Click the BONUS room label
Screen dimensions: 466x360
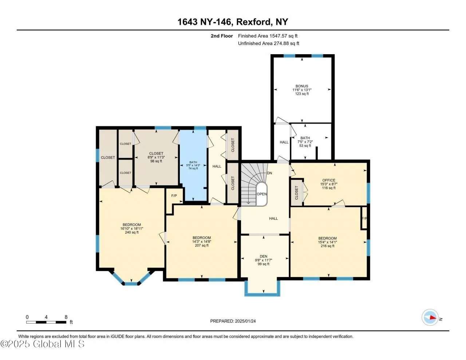pyautogui.click(x=302, y=86)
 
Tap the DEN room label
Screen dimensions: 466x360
pyautogui.click(x=263, y=256)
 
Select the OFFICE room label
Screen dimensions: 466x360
pyautogui.click(x=328, y=180)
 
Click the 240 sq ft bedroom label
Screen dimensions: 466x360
pyautogui.click(x=132, y=225)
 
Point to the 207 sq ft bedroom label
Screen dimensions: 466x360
pyautogui.click(x=202, y=238)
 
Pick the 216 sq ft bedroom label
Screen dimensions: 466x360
pyautogui.click(x=327, y=238)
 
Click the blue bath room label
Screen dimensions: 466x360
pyautogui.click(x=193, y=162)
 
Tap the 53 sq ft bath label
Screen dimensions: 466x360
pyautogui.click(x=305, y=138)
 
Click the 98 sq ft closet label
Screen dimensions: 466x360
pyautogui.click(x=156, y=153)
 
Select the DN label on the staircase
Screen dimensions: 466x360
pyautogui.click(x=269, y=173)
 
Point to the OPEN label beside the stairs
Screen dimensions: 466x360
pyautogui.click(x=262, y=194)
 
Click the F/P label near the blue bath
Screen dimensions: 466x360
pyautogui.click(x=174, y=196)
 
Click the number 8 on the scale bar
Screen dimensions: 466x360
pyautogui.click(x=66, y=317)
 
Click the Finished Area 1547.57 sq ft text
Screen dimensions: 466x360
pyautogui.click(x=268, y=36)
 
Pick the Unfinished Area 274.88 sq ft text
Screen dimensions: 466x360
pyautogui.click(x=268, y=43)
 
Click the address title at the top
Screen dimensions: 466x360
pyautogui.click(x=233, y=22)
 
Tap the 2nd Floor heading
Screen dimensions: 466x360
pyautogui.click(x=221, y=36)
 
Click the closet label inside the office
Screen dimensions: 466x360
pyautogui.click(x=297, y=193)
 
